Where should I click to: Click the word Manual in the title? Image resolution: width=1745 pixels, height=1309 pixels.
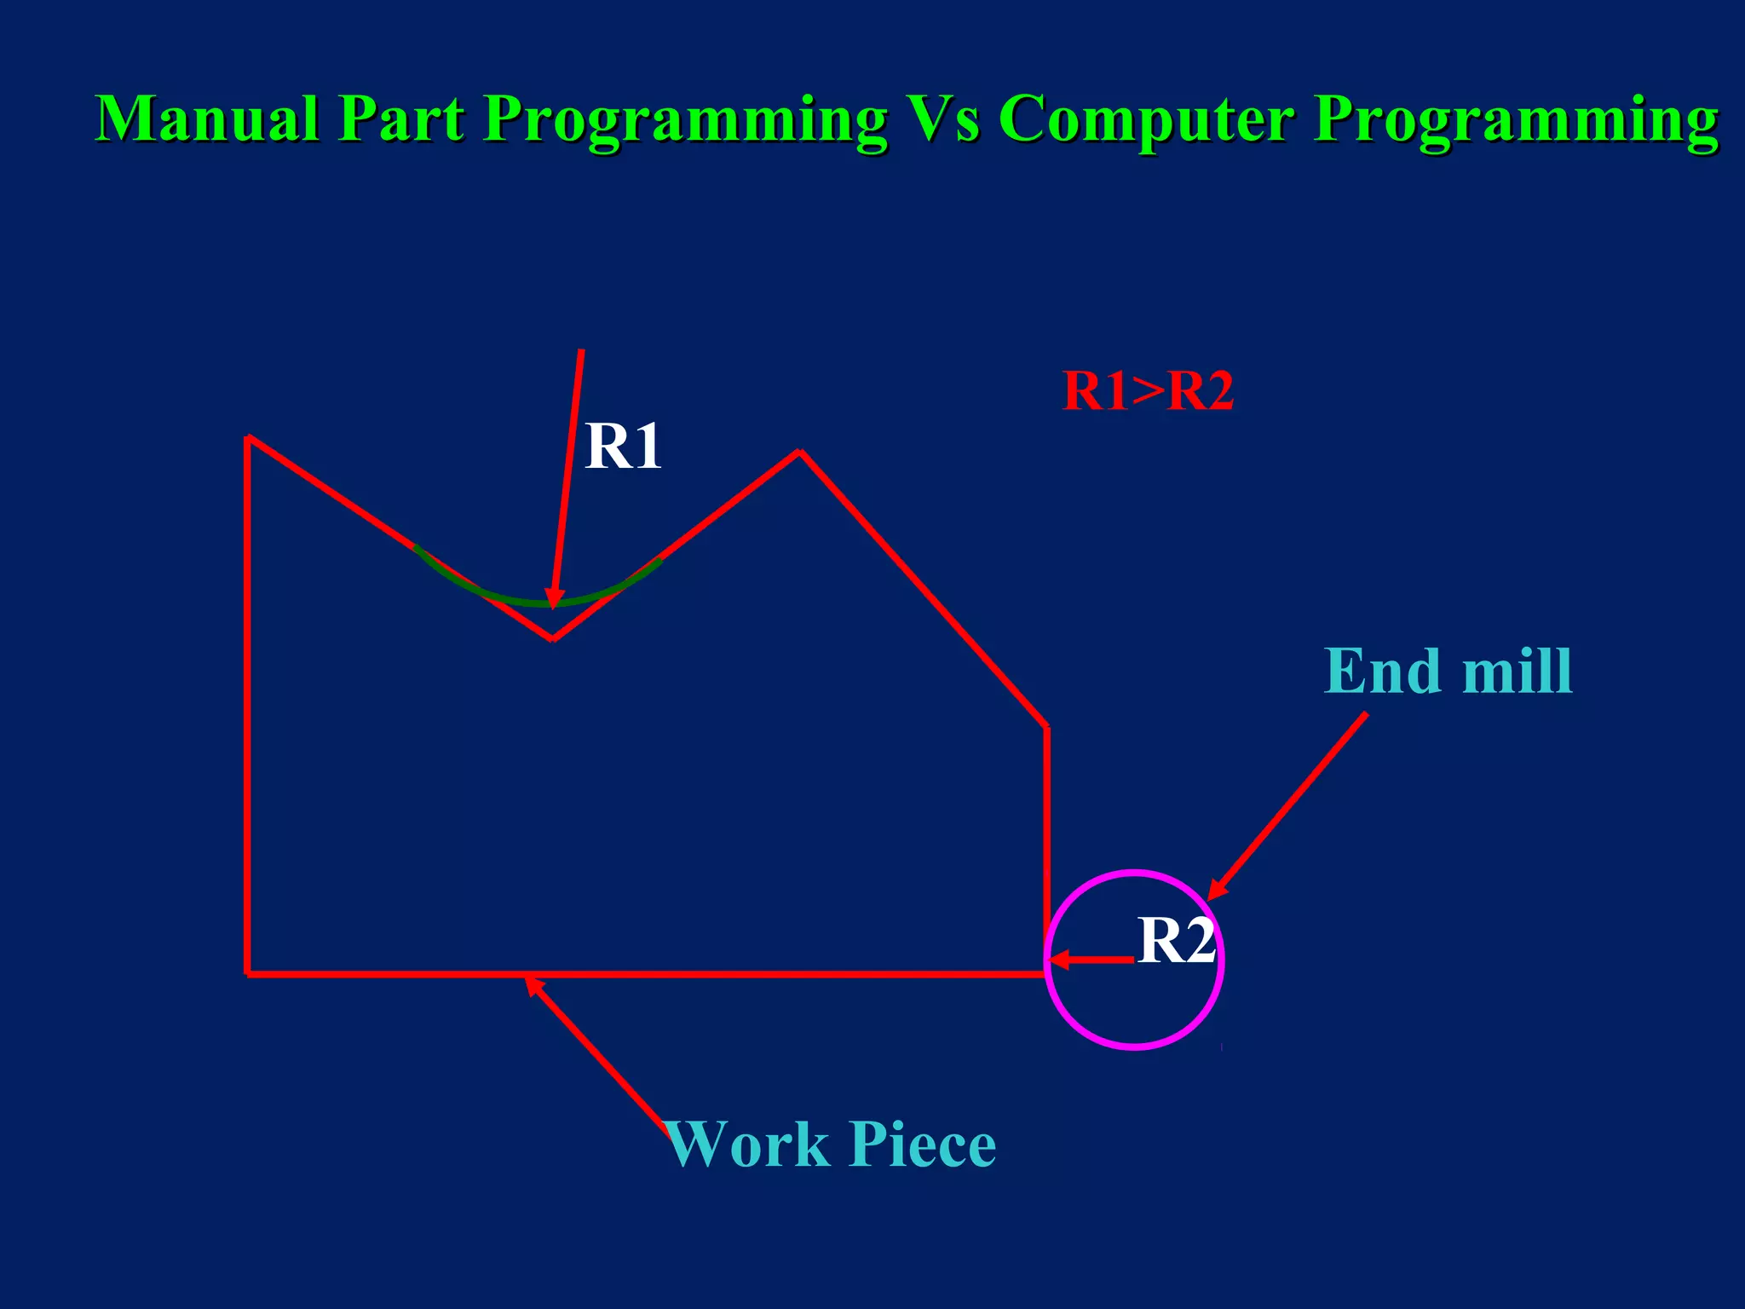(207, 118)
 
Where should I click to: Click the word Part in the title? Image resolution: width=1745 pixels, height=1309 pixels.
(400, 118)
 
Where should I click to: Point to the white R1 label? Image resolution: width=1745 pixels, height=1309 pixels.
(623, 447)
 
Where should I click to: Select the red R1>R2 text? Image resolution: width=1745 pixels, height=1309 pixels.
(1148, 391)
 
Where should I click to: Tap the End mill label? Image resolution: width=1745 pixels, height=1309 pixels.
(1448, 672)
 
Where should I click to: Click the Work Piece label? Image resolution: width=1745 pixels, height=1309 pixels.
(832, 1144)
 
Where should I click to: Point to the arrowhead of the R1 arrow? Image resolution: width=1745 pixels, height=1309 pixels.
(553, 600)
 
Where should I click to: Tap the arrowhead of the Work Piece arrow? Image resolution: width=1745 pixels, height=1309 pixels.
(531, 983)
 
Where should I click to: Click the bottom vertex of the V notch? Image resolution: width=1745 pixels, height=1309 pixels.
(552, 638)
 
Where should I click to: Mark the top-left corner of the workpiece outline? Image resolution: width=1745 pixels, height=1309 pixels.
(248, 438)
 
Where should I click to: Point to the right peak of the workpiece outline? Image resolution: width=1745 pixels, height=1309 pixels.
(799, 452)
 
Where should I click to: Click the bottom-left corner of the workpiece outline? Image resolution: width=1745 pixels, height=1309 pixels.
(248, 973)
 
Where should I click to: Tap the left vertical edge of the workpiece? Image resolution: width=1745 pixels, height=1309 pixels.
(248, 707)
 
